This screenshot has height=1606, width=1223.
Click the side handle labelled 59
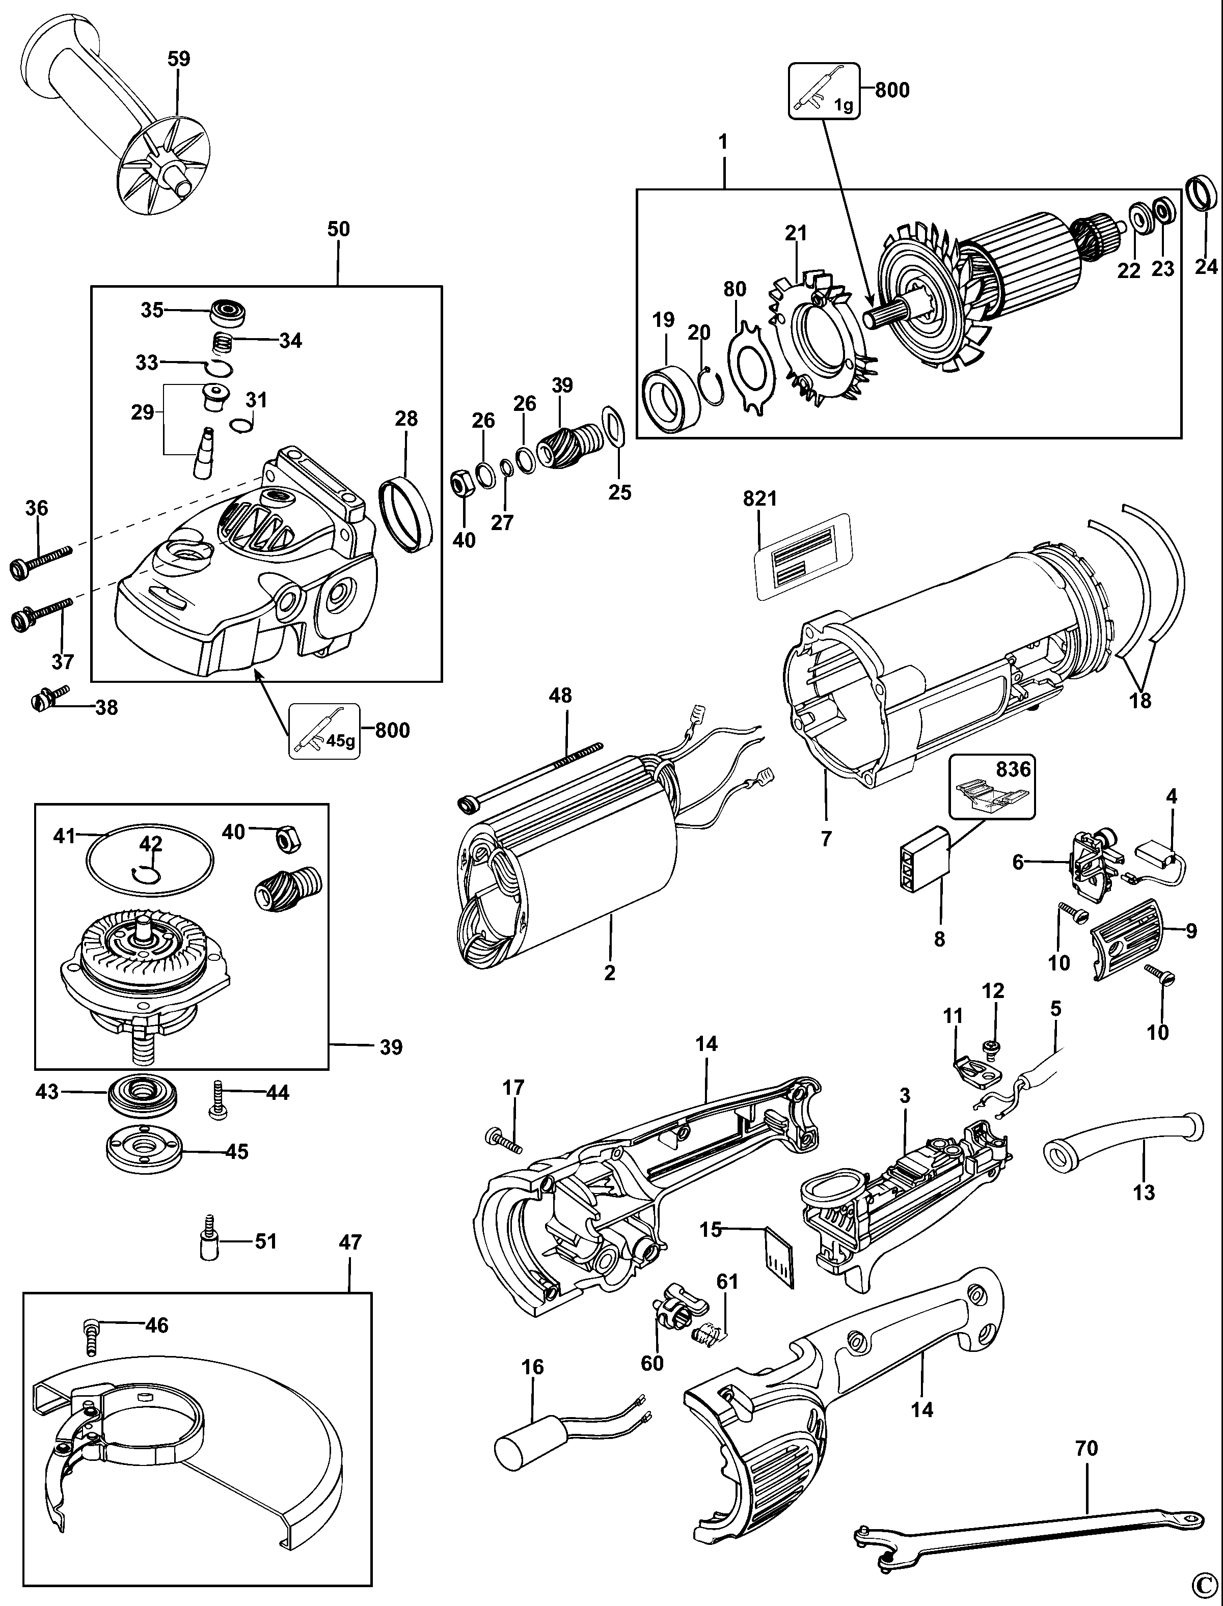109,117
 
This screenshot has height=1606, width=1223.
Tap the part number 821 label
759,499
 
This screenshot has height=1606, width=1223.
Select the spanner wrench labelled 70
1019,1524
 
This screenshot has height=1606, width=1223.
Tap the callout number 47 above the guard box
350,1241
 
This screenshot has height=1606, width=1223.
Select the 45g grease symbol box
324,731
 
